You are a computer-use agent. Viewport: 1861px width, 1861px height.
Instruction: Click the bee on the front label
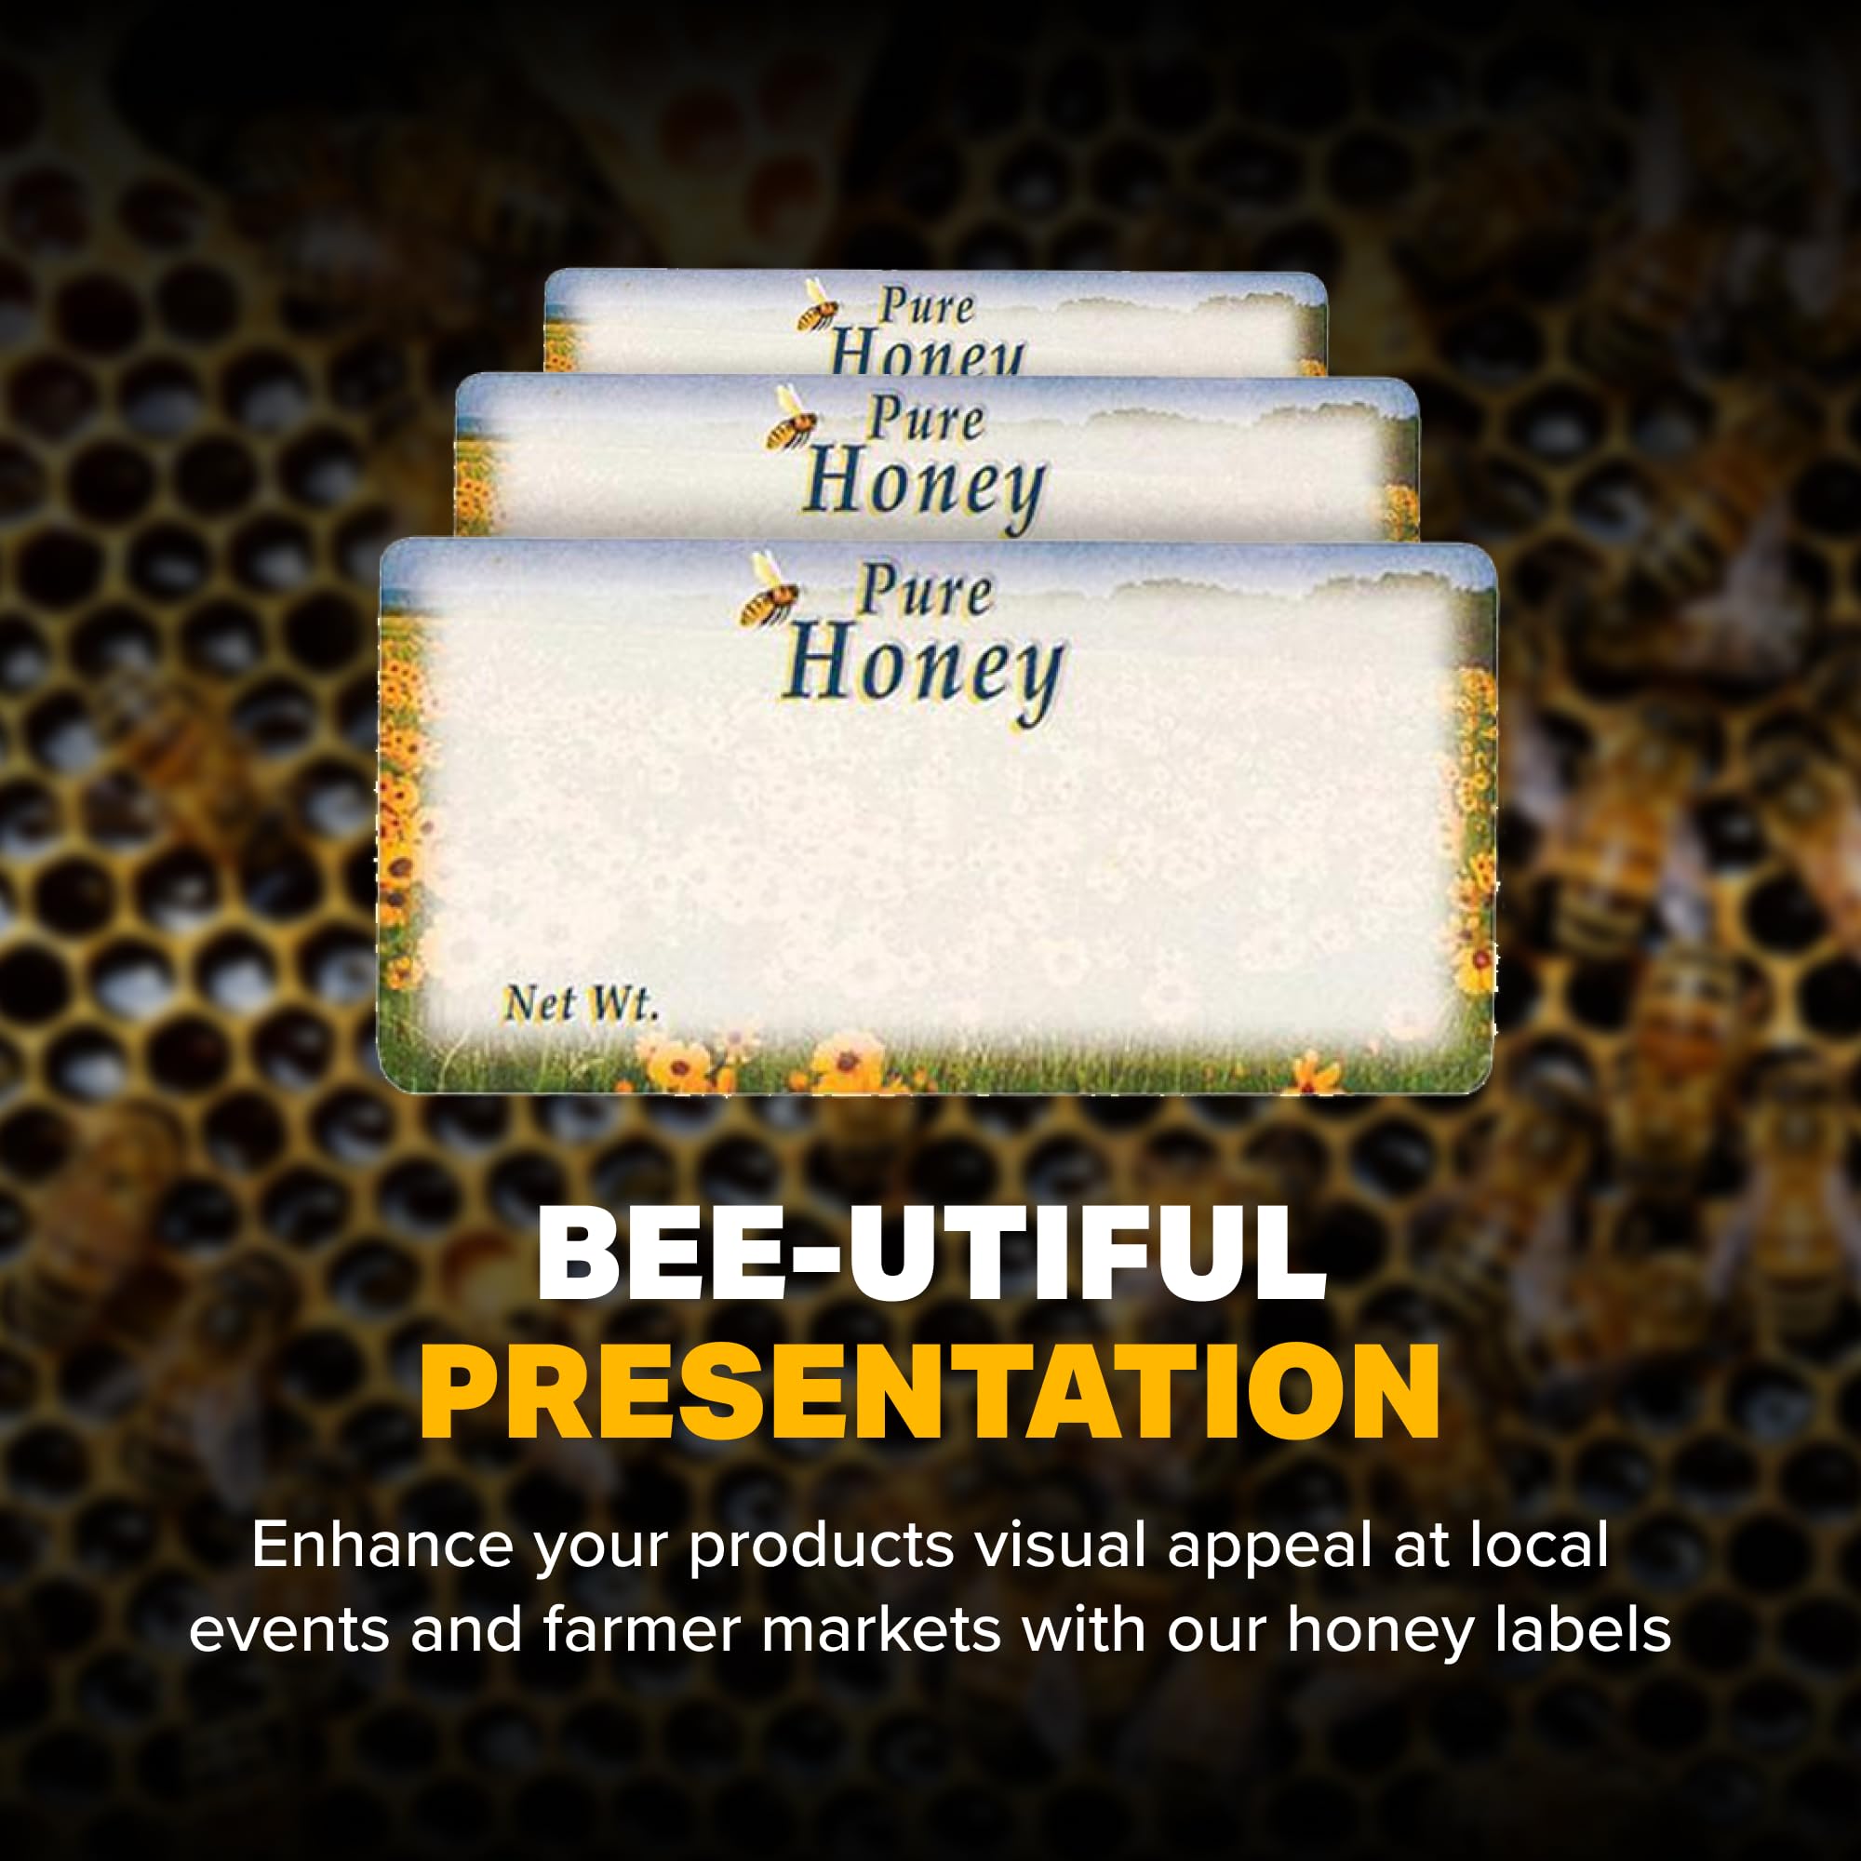pyautogui.click(x=768, y=590)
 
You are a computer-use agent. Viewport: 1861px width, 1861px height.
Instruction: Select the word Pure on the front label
pyautogui.click(x=925, y=590)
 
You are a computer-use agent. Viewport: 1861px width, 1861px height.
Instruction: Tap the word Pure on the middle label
pyautogui.click(x=926, y=419)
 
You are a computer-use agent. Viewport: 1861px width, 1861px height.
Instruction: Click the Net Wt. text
pyautogui.click(x=581, y=1004)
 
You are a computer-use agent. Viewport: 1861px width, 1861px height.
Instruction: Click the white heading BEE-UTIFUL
pyautogui.click(x=931, y=1252)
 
